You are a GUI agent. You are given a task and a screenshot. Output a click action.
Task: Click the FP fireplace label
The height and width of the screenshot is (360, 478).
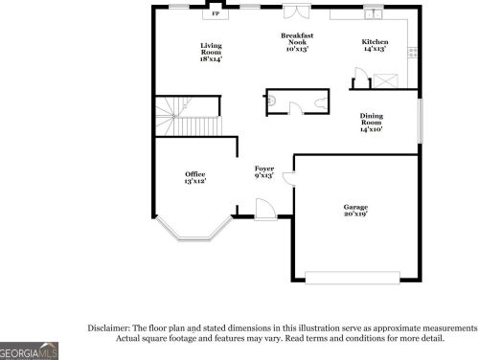216,13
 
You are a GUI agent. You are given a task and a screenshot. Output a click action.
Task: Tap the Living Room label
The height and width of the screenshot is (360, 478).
211,52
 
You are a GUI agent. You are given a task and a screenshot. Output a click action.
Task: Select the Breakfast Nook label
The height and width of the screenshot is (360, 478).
297,42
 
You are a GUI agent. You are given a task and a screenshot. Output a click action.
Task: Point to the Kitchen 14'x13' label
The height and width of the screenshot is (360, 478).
375,45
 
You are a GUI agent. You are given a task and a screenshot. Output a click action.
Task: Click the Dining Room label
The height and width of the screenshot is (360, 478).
372,123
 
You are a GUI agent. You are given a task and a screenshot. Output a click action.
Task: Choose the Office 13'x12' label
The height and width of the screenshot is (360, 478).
195,177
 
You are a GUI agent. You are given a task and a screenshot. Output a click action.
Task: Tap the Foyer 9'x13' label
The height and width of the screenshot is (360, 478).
264,171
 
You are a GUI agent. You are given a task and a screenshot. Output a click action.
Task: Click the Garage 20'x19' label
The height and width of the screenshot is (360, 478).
355,211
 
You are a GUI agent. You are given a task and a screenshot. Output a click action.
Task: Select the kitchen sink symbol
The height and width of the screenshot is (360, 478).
374,14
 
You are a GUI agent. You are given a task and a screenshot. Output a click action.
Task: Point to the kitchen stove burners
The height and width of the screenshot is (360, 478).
413,53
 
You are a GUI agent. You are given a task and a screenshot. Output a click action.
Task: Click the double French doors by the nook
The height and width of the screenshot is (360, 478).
297,11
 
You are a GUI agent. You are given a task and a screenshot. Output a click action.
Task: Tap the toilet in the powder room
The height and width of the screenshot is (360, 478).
321,102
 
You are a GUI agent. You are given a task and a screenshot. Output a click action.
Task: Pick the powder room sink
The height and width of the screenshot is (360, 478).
271,101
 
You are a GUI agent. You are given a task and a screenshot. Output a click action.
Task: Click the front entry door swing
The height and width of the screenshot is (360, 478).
265,209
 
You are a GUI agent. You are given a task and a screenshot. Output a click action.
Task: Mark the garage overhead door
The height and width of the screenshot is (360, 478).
353,277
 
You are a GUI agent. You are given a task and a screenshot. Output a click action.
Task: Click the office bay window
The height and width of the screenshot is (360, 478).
193,232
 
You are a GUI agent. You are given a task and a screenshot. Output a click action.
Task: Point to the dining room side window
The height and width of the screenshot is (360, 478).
421,121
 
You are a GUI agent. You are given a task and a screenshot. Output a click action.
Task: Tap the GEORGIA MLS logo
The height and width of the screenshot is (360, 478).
29,351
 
